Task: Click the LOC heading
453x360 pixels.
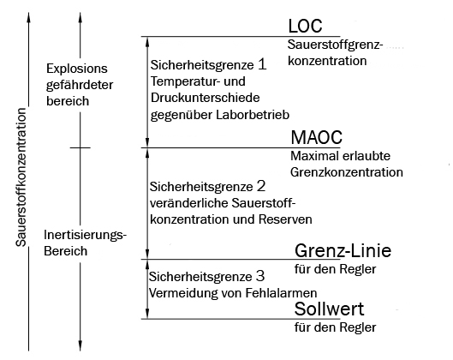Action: tap(305, 26)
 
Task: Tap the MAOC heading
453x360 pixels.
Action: tap(316, 137)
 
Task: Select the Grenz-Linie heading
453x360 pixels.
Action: tap(343, 250)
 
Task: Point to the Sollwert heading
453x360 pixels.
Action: tap(329, 309)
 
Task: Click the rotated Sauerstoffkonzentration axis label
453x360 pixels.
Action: tap(21, 177)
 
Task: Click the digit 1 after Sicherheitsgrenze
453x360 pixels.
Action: tap(262, 64)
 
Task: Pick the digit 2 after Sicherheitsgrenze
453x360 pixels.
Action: tap(261, 186)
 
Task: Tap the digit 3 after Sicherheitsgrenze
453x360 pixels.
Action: tap(260, 276)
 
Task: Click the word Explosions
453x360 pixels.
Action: tap(77, 69)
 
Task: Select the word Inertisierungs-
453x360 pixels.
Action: tap(86, 235)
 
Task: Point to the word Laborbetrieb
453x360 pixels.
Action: tap(253, 115)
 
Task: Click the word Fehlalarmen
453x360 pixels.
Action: tap(281, 293)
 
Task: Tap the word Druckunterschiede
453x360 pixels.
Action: tap(206, 98)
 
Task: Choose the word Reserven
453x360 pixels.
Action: tap(285, 219)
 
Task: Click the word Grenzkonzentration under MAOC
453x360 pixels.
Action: tap(347, 172)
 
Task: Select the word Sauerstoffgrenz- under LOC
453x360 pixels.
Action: tap(335, 45)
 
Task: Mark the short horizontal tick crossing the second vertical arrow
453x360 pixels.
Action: tap(80, 147)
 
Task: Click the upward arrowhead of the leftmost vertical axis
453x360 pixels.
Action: tap(28, 17)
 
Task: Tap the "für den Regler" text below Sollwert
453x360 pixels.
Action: tap(335, 327)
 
